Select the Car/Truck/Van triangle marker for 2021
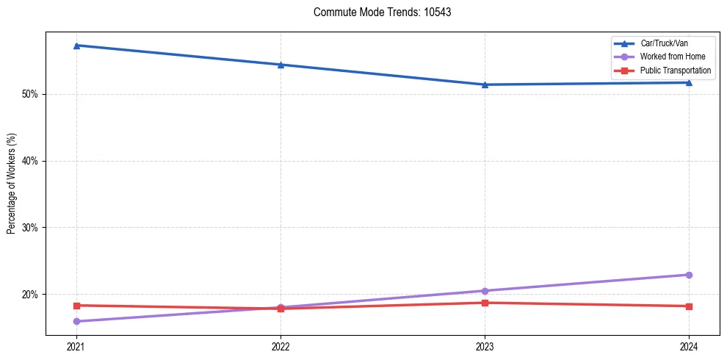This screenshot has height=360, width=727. point(76,46)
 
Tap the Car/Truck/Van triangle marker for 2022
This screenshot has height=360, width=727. point(281,65)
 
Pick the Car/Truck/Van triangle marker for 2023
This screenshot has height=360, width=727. point(485,84)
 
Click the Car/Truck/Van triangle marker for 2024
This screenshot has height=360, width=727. point(689,82)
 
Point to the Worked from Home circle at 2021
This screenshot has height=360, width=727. point(76,321)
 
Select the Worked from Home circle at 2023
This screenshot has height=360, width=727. point(485,291)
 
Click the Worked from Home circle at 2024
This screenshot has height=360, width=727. point(689,275)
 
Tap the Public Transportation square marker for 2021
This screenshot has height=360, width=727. point(76,306)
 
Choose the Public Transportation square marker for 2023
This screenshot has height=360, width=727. point(485,303)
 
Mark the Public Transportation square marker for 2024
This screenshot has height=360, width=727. point(689,306)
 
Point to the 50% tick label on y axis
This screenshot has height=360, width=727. point(30,94)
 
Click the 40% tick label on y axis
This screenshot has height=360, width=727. point(30,161)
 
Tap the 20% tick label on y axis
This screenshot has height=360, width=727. point(30,295)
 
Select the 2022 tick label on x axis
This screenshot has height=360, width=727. point(281,346)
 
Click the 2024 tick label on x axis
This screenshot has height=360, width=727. point(689,346)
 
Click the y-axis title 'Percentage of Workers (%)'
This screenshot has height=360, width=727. point(11,184)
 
